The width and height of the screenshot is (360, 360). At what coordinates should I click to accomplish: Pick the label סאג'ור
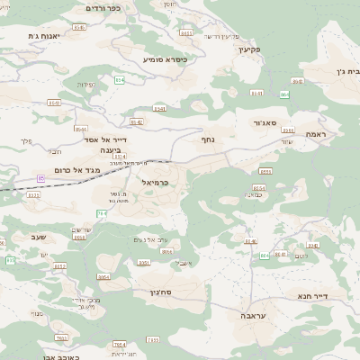(x=265, y=122)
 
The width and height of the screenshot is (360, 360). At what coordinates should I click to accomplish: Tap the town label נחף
(x=207, y=139)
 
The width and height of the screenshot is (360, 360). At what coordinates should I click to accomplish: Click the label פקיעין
(x=250, y=49)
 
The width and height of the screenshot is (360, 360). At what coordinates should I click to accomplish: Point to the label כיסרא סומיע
(x=166, y=59)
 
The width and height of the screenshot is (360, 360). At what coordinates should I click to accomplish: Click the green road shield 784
(x=102, y=213)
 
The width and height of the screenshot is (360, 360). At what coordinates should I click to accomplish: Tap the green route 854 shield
(x=265, y=256)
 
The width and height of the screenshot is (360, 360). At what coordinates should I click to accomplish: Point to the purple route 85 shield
(x=41, y=178)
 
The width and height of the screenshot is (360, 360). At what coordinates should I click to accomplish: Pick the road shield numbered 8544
(x=81, y=129)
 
